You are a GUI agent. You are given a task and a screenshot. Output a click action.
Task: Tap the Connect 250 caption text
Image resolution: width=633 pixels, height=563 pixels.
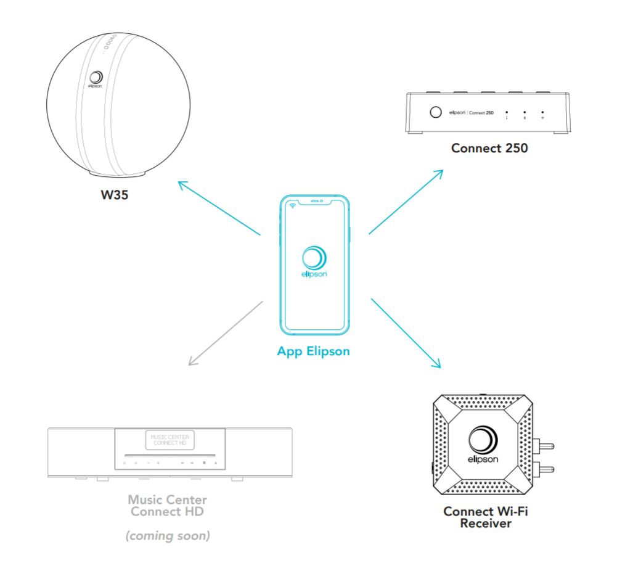click(x=489, y=148)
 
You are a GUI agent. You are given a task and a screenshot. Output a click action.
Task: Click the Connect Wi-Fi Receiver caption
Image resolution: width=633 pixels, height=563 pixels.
click(x=486, y=517)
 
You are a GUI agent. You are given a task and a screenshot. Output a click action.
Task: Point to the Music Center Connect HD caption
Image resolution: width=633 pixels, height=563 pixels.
click(x=168, y=505)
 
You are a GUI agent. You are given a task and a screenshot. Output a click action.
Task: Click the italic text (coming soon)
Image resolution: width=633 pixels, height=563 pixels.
click(x=168, y=536)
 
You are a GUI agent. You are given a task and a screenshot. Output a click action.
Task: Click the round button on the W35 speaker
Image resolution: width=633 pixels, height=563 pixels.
click(x=96, y=77)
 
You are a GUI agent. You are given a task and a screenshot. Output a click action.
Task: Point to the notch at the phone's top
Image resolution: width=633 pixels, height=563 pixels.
click(x=315, y=201)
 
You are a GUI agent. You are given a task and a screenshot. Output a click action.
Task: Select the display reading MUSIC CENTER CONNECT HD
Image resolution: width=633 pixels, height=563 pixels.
click(x=169, y=440)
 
